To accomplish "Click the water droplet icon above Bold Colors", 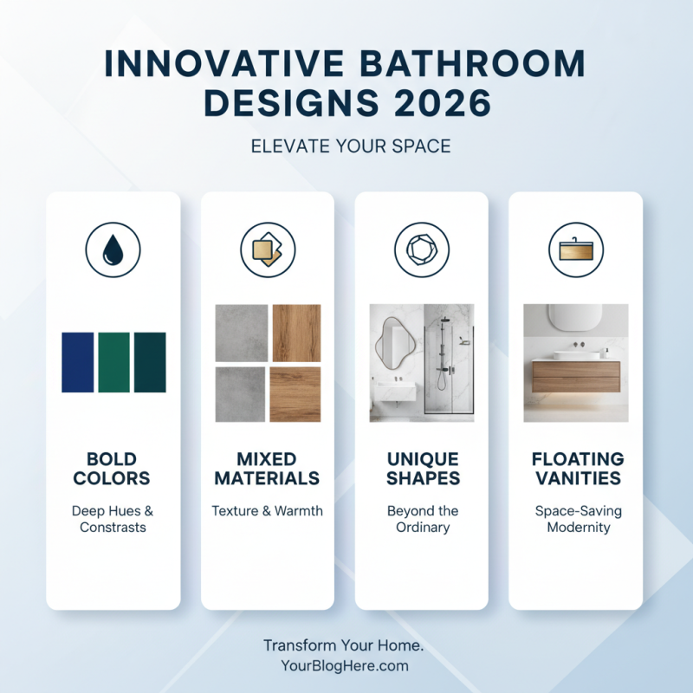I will coord(113,250).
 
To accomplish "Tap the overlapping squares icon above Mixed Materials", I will coord(268,250).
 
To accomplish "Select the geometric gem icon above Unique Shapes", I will coord(422,250).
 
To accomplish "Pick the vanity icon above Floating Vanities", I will coord(576,250).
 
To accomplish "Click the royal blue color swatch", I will coord(78,362).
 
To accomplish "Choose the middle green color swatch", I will coord(113,362).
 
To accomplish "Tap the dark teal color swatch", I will coord(149,362).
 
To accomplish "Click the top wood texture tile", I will coord(296,333).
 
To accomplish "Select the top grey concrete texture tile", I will coord(240,333).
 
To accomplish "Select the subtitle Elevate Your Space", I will coord(351,146).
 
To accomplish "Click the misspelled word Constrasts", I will coord(113,527).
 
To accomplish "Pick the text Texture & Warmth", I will coord(268,510).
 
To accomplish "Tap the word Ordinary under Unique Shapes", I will coord(422,527).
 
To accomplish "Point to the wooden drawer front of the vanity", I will coord(576,379).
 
